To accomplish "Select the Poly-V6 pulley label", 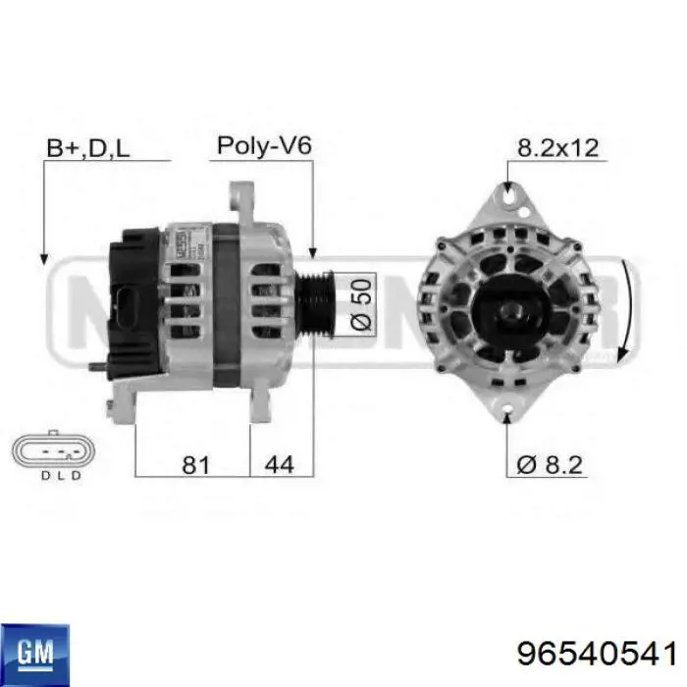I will (x=263, y=145).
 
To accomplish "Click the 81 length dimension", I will (x=197, y=463).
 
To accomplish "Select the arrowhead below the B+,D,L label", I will (x=42, y=257).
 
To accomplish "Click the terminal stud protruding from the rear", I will (x=96, y=368).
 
